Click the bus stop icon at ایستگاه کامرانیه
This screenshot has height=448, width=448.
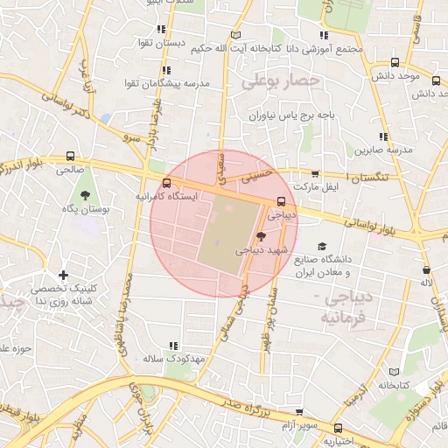[166, 183]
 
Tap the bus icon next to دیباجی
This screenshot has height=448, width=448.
[281, 200]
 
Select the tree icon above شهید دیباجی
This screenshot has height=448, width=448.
[261, 235]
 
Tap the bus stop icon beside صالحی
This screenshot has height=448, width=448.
[69, 156]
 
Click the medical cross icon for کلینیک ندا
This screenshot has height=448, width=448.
[64, 276]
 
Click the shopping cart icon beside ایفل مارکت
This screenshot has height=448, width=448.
[315, 174]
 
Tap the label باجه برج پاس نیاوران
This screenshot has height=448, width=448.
[292, 115]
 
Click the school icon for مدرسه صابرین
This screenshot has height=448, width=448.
[382, 136]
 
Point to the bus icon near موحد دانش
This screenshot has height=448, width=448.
[395, 63]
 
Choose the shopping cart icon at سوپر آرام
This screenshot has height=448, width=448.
[299, 412]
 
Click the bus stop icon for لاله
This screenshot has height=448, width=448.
[426, 269]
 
